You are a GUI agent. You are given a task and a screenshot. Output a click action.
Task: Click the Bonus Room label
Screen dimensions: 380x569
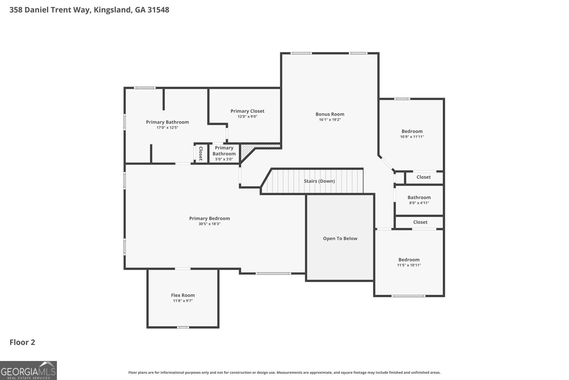[330, 114]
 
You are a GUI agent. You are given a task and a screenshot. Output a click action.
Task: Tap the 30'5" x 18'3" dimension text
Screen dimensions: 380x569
[209, 224]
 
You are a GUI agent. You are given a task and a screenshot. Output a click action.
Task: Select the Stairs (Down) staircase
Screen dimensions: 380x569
[319, 181]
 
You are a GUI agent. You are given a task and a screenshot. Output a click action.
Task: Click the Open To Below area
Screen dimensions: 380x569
[340, 239]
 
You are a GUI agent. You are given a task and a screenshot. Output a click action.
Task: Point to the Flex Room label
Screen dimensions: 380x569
[183, 295]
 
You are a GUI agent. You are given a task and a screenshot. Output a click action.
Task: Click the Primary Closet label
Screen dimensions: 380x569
[247, 111]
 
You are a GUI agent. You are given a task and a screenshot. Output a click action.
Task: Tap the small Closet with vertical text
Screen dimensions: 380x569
[201, 153]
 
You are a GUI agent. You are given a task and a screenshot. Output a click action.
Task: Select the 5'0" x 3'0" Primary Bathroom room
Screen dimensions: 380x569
[224, 153]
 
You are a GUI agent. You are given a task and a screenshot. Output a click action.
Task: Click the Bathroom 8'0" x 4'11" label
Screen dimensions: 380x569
[419, 198]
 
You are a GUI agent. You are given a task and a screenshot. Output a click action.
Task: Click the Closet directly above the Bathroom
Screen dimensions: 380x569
[424, 177]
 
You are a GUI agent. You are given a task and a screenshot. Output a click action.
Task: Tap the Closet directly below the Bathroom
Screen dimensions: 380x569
[420, 222]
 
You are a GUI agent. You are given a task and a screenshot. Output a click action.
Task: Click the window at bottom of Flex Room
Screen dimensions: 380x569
[183, 327]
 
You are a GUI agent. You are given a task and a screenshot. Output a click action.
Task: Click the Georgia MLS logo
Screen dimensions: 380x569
[28, 370]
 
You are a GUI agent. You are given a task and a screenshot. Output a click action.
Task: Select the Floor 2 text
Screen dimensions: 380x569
[22, 342]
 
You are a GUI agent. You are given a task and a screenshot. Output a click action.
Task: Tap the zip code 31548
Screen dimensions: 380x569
[158, 10]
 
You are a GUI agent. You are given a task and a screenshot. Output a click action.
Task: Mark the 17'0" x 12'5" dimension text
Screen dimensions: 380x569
[167, 127]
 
